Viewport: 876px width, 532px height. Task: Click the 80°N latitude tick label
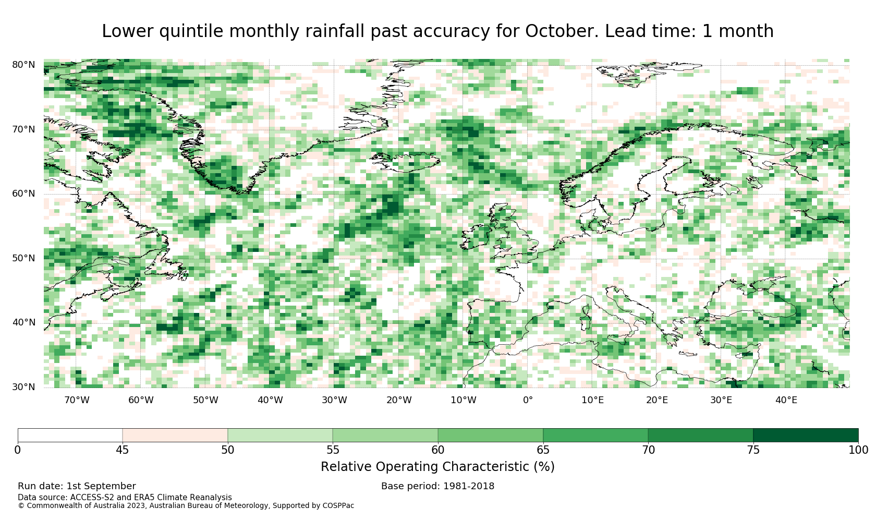tap(23, 65)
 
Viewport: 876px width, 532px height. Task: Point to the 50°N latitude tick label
tap(23, 258)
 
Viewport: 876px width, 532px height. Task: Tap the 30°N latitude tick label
tap(23, 387)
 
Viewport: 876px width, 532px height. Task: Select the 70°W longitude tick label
tap(77, 400)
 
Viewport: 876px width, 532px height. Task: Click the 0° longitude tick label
tap(528, 400)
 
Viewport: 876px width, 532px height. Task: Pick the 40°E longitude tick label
tap(786, 400)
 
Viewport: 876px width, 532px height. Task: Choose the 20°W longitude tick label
tap(399, 400)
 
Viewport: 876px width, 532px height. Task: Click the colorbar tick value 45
tap(123, 450)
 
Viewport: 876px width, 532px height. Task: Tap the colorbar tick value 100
tap(858, 450)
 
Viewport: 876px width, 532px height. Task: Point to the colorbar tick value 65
tap(543, 450)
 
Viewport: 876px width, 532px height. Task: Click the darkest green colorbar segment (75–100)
tap(806, 436)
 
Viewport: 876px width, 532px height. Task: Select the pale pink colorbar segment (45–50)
tap(175, 436)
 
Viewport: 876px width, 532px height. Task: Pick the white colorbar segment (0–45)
tap(70, 436)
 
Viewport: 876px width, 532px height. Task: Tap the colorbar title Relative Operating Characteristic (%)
tap(437, 467)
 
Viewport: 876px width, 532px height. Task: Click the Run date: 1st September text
tap(77, 486)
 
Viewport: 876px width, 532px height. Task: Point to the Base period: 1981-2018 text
tap(437, 486)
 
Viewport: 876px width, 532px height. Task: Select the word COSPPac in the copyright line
tap(338, 506)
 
